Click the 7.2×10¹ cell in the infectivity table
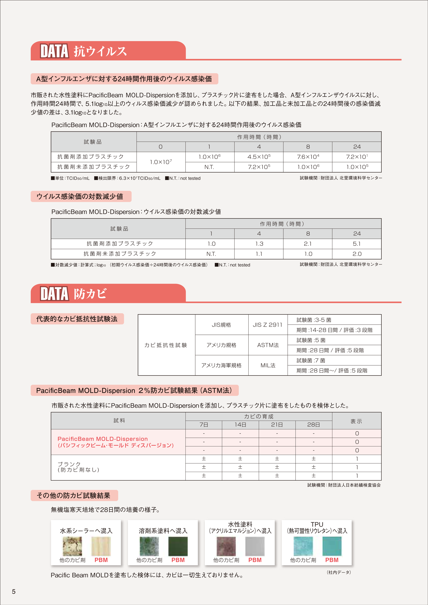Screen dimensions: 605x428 click(x=357, y=157)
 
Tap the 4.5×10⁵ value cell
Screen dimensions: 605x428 click(x=259, y=157)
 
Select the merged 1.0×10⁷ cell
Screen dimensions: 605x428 click(x=161, y=162)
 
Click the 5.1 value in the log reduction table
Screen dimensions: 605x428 click(x=357, y=244)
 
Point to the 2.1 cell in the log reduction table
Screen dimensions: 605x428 click(x=308, y=244)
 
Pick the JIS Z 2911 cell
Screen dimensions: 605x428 click(x=267, y=325)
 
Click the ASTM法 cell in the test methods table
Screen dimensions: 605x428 click(x=268, y=345)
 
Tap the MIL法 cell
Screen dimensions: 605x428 click(x=268, y=365)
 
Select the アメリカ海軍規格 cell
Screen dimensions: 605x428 click(x=221, y=365)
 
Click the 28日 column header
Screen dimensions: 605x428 click(x=314, y=425)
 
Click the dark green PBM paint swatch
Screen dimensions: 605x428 click(x=178, y=546)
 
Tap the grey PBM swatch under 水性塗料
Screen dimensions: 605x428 click(x=255, y=546)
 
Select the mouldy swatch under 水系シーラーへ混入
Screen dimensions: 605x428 click(x=72, y=546)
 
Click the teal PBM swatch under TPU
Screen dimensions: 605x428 click(x=332, y=546)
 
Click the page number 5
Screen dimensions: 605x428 click(x=14, y=591)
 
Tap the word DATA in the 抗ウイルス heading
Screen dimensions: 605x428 click(x=54, y=51)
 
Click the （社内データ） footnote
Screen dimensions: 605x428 click(x=339, y=572)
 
